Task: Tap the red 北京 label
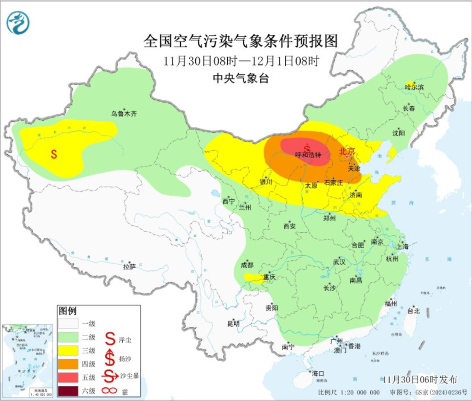[x=348, y=151]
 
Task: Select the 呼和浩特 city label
[x=309, y=155]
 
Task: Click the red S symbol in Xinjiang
[x=54, y=154]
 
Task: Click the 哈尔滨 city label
[x=414, y=87]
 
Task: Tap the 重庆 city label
[x=269, y=277]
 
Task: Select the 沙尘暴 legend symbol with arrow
[x=111, y=375]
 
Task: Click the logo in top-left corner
[x=18, y=23]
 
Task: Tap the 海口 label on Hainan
[x=318, y=373]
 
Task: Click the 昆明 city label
[x=233, y=324]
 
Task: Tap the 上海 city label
[x=402, y=247]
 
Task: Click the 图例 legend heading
[x=67, y=311]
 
